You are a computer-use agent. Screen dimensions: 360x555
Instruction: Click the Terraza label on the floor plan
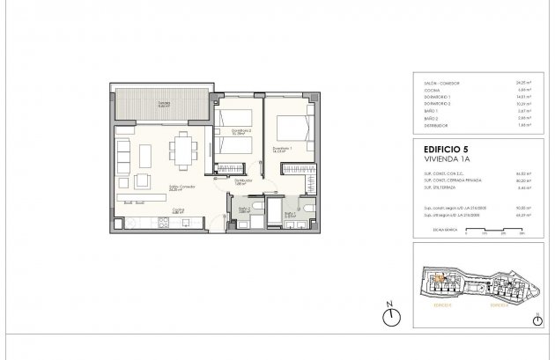[164, 101]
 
